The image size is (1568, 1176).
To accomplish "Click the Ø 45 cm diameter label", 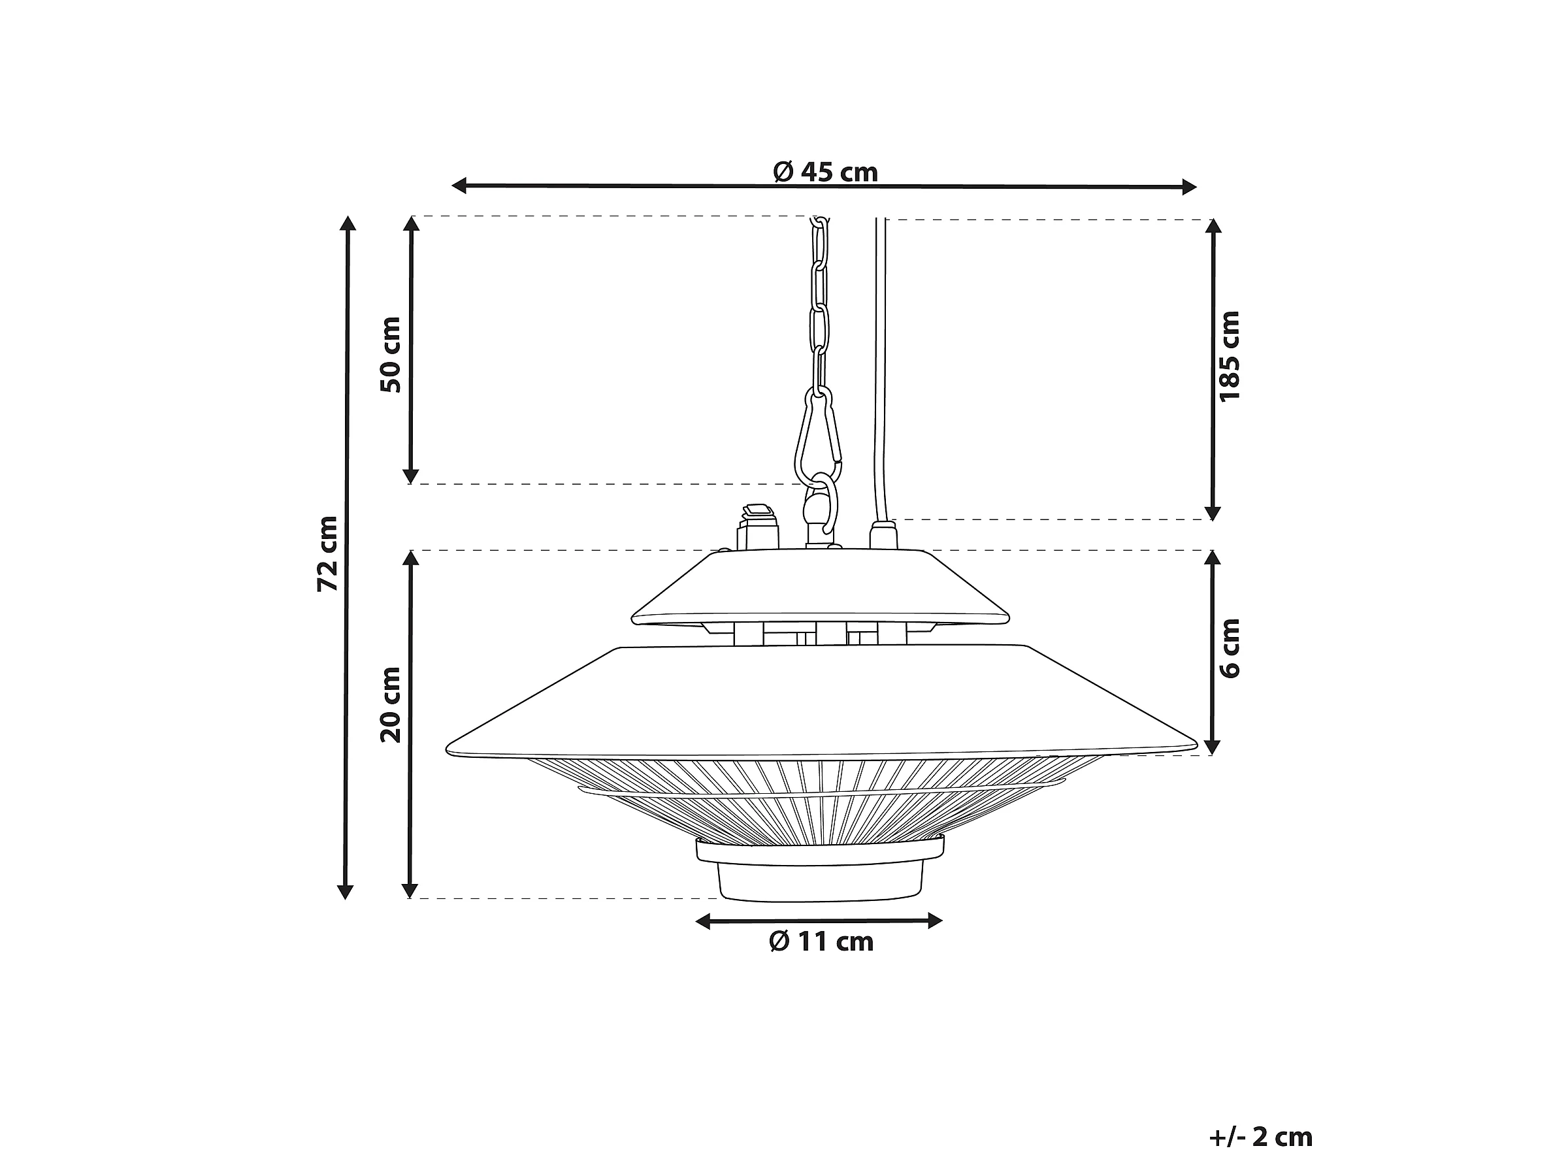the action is pyautogui.click(x=825, y=172).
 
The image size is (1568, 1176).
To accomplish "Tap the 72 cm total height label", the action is pyautogui.click(x=327, y=553).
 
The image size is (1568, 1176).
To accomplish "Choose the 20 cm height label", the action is pyautogui.click(x=391, y=704).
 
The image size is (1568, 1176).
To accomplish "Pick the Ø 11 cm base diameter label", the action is pyautogui.click(x=822, y=941).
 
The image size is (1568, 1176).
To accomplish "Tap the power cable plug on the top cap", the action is pyautogui.click(x=883, y=534).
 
